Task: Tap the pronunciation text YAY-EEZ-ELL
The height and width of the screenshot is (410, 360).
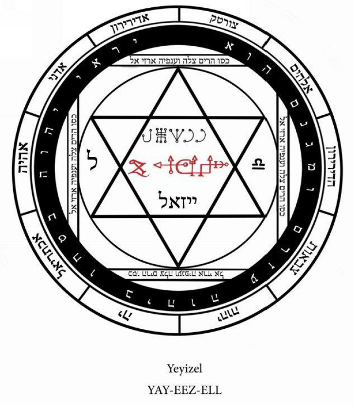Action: [180, 389]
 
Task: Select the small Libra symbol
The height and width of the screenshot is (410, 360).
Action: [256, 166]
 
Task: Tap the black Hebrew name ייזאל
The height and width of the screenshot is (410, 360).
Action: [180, 198]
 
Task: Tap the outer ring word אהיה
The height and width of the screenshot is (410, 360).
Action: [25, 156]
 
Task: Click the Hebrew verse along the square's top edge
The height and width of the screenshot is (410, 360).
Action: [180, 60]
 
